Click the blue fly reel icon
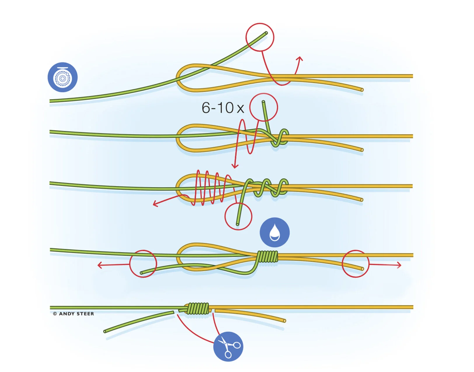pyautogui.click(x=62, y=77)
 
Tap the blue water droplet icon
pyautogui.click(x=274, y=232)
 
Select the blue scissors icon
pyautogui.click(x=228, y=347)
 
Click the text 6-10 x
pyautogui.click(x=223, y=108)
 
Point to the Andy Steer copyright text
pyautogui.click(x=74, y=314)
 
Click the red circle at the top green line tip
pyautogui.click(x=260, y=37)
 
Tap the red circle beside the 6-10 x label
pyautogui.click(x=264, y=107)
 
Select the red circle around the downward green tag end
pyautogui.click(x=238, y=216)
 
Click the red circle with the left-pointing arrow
pyautogui.click(x=143, y=264)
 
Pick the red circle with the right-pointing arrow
pyautogui.click(x=355, y=264)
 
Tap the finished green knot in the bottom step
pyautogui.click(x=198, y=308)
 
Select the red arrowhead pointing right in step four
pyautogui.click(x=399, y=265)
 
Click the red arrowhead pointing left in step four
pyautogui.click(x=100, y=265)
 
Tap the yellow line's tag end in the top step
pyautogui.click(x=362, y=90)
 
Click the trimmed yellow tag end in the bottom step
pyautogui.click(x=284, y=320)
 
